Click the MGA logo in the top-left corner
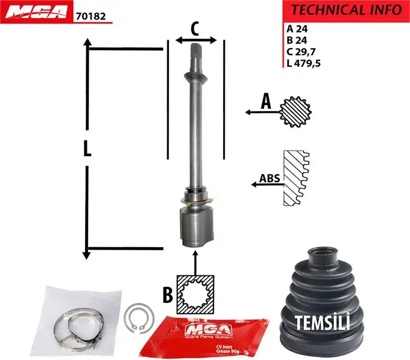(35, 12)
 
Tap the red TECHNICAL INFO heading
(346, 10)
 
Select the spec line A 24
(297, 28)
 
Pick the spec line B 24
(297, 40)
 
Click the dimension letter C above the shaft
(194, 28)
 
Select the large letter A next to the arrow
(266, 103)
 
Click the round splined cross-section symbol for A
(295, 111)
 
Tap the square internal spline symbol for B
(195, 294)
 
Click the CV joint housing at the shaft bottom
(195, 225)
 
